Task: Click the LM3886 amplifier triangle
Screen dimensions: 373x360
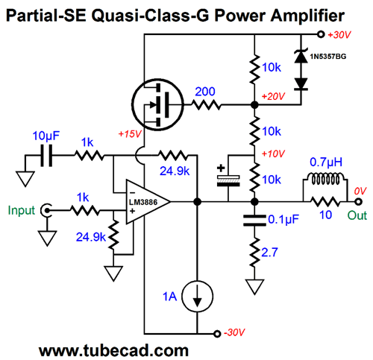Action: click(x=148, y=202)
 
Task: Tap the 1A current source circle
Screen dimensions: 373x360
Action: click(x=197, y=296)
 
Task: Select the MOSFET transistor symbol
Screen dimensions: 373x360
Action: click(x=157, y=104)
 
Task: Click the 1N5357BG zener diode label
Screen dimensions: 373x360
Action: click(x=327, y=57)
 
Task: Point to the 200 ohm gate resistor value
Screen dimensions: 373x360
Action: click(x=205, y=92)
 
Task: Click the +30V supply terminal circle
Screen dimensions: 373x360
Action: click(x=321, y=34)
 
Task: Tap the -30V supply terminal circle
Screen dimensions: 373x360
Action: click(x=217, y=334)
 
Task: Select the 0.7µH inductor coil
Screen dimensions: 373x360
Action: click(x=325, y=178)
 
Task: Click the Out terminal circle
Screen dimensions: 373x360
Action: click(x=358, y=202)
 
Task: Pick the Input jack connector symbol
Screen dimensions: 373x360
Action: click(x=47, y=211)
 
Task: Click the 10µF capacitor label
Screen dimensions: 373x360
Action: click(x=46, y=136)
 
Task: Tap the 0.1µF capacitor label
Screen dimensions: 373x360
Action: click(x=283, y=219)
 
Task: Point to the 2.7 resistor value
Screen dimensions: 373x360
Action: click(x=269, y=253)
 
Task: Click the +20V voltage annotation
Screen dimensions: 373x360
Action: click(x=273, y=96)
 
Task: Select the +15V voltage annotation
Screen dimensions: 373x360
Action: click(x=130, y=134)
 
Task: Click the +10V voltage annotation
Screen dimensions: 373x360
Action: click(x=273, y=154)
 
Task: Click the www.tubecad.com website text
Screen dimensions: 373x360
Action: click(x=113, y=350)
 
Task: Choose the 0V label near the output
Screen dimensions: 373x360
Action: click(x=360, y=191)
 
